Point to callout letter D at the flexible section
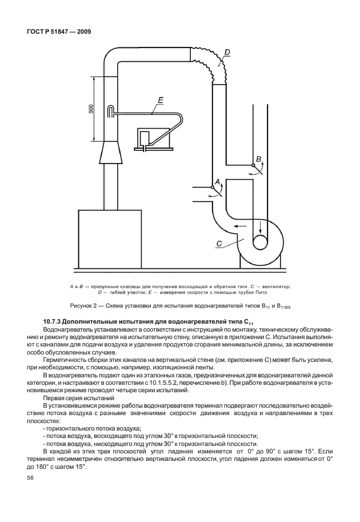pos(227,53)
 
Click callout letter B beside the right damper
pos(258,158)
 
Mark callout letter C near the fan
pos(218,244)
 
